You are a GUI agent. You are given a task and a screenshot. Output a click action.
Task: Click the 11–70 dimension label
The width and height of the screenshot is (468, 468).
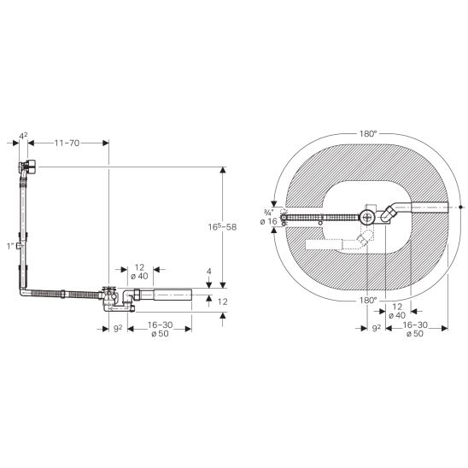pyautogui.click(x=67, y=143)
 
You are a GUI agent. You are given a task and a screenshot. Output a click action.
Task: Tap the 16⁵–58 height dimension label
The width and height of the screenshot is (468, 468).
pyautogui.click(x=222, y=227)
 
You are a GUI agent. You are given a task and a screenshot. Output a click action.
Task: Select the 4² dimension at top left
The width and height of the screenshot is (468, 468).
pyautogui.click(x=23, y=136)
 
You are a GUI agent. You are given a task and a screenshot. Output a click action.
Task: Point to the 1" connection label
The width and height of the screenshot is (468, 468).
pyautogui.click(x=11, y=246)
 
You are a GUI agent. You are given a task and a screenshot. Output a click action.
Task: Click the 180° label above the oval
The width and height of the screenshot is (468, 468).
pyautogui.click(x=367, y=134)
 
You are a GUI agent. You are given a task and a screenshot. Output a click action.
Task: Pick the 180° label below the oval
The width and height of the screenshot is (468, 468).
pyautogui.click(x=367, y=300)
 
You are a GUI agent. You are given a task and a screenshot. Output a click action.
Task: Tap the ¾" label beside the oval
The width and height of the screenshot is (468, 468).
pyautogui.click(x=268, y=213)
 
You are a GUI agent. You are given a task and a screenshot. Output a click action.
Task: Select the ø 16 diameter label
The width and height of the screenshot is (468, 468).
pyautogui.click(x=269, y=221)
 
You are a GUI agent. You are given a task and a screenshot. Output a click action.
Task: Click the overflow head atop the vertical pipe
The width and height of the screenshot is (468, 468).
pyautogui.click(x=28, y=167)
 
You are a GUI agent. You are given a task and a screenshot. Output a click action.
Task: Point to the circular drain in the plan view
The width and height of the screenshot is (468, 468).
pyautogui.click(x=367, y=218)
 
